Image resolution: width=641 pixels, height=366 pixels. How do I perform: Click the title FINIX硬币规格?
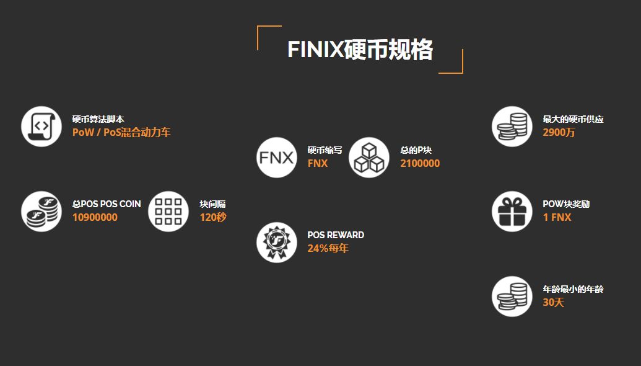click(360, 50)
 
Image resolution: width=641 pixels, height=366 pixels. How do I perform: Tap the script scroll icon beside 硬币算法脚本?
click(41, 127)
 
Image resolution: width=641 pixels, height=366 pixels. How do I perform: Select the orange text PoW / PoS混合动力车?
click(121, 132)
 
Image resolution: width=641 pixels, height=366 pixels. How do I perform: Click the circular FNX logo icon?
click(277, 158)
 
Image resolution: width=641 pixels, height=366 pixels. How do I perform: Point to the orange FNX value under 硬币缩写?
click(318, 164)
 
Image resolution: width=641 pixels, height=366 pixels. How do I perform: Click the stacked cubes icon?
click(369, 158)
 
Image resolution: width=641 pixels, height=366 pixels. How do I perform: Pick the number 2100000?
click(420, 164)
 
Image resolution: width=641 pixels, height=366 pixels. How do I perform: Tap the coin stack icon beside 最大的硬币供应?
click(512, 127)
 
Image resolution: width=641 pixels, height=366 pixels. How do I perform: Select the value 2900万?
click(559, 132)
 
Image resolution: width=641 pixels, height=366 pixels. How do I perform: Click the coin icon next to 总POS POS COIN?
click(41, 212)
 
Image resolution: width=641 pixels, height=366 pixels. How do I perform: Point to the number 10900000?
click(95, 218)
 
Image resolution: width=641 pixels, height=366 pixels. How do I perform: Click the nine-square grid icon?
click(168, 212)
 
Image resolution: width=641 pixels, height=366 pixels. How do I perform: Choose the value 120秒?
click(213, 218)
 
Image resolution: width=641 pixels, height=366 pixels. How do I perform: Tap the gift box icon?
click(512, 212)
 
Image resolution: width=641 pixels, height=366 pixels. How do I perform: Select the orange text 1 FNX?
click(557, 218)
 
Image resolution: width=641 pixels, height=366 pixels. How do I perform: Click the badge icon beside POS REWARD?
click(277, 243)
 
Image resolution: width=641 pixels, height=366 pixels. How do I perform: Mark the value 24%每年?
click(328, 249)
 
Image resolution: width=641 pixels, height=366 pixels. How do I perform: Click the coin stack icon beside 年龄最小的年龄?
click(512, 297)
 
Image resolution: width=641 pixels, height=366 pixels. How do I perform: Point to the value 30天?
click(554, 303)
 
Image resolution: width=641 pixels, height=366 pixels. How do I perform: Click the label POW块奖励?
click(566, 204)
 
